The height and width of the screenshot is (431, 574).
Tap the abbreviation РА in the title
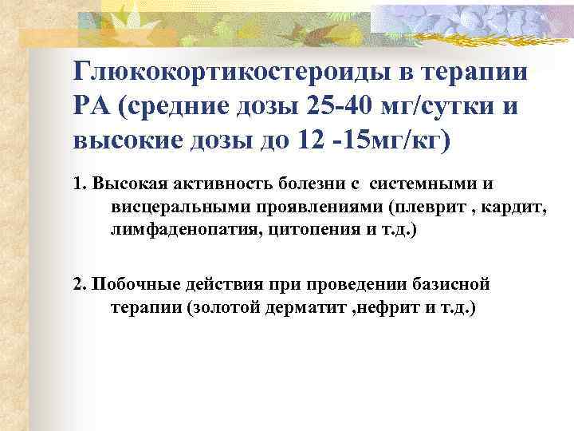tap(90, 107)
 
